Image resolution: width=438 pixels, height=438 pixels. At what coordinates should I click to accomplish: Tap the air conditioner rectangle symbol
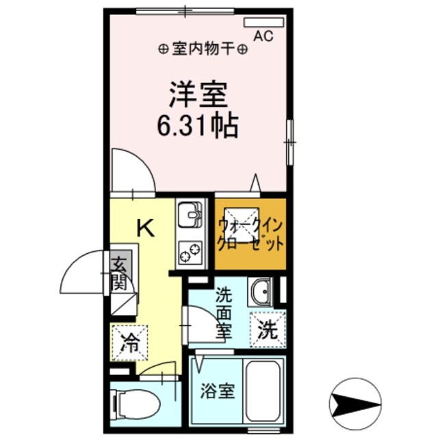pos(263,22)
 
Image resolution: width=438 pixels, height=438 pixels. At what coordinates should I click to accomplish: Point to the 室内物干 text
pos(203,49)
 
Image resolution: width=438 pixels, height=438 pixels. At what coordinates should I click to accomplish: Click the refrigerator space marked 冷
pos(129,340)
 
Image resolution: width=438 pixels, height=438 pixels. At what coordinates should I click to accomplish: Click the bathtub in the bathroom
pos(264,391)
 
